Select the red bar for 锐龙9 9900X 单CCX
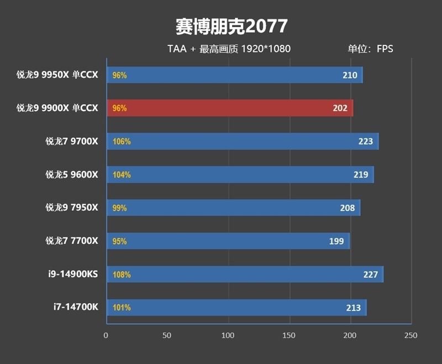229,108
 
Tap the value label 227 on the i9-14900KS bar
371,275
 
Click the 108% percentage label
121,275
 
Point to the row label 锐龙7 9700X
72,142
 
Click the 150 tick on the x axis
289,335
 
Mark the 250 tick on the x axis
411,335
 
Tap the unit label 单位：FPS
370,49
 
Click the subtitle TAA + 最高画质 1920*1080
229,49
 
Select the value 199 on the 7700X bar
336,241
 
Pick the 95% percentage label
119,241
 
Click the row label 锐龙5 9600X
72,175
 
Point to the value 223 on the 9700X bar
366,142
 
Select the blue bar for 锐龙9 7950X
232,208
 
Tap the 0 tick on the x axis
106,335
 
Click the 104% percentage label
121,175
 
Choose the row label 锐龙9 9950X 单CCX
57,75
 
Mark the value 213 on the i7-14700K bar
354,308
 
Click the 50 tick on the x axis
167,335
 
